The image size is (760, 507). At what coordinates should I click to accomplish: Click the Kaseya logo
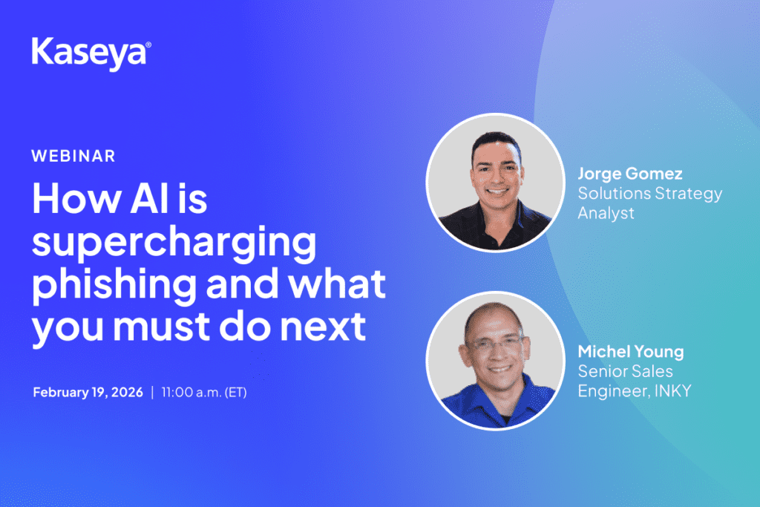click(91, 54)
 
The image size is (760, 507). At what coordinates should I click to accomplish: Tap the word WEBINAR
click(73, 156)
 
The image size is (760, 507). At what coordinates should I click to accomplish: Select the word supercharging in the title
click(174, 243)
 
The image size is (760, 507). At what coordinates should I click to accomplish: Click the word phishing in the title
click(114, 285)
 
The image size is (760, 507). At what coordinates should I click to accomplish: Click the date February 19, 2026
click(88, 392)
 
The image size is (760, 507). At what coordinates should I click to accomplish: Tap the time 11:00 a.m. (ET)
click(204, 392)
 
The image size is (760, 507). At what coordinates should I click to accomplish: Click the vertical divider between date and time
click(152, 392)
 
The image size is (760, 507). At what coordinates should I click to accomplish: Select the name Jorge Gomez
click(630, 174)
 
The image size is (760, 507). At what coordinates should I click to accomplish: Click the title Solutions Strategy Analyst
click(650, 203)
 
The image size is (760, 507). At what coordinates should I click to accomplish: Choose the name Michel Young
click(631, 352)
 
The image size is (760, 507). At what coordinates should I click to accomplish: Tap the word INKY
click(672, 390)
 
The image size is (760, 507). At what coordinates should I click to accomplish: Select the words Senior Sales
click(625, 371)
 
